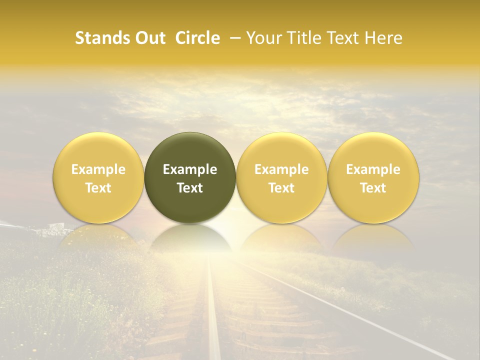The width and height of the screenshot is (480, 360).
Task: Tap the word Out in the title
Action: click(148, 38)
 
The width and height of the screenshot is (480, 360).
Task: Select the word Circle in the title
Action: click(197, 38)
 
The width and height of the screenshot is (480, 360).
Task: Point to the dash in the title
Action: click(233, 38)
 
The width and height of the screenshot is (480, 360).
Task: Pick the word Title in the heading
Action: click(302, 38)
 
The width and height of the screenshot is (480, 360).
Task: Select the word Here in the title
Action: click(383, 38)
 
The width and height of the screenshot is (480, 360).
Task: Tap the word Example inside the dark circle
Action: click(190, 169)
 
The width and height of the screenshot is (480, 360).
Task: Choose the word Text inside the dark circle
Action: click(190, 188)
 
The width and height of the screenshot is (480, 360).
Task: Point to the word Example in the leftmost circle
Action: click(98, 169)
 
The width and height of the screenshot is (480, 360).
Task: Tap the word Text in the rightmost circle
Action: click(373, 188)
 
